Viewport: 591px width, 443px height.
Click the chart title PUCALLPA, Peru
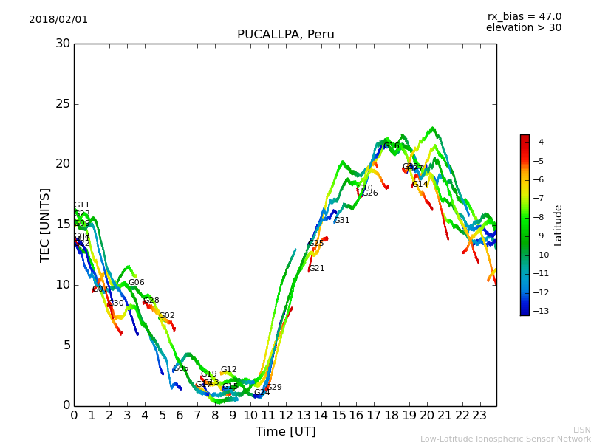point(285,35)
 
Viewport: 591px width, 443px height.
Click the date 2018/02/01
point(58,19)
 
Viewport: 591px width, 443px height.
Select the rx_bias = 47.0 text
point(524,16)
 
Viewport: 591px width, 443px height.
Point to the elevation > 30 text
point(523,28)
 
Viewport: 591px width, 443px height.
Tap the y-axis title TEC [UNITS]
point(45,224)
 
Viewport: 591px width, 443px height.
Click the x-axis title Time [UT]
point(285,432)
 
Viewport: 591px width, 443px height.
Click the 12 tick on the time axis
point(286,415)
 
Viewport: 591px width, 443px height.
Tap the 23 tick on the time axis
point(479,415)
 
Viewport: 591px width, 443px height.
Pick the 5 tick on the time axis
point(163,415)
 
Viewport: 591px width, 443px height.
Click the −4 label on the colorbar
point(538,142)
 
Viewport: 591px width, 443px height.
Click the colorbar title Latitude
point(558,224)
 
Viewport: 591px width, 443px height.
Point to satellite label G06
point(136,283)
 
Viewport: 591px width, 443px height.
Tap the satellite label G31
point(342,221)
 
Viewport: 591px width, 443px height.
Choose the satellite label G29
point(274,388)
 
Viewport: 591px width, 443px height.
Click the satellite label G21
point(317,269)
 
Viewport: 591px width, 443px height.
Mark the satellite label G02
point(167,316)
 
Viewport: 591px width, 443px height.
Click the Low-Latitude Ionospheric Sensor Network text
point(505,439)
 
